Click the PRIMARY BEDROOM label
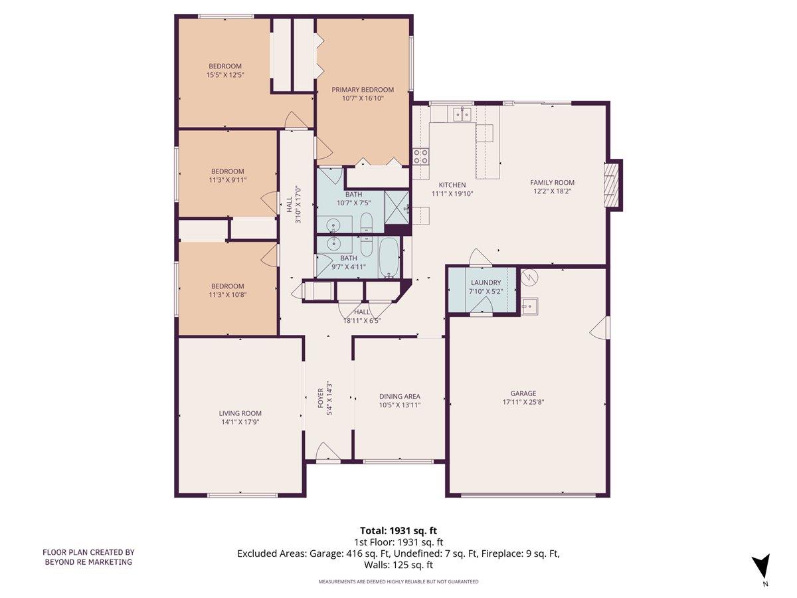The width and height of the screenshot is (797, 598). [x=363, y=90]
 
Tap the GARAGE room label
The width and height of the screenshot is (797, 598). [x=523, y=393]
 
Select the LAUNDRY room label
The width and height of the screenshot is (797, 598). [x=486, y=282]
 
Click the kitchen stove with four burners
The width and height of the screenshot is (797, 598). [x=420, y=156]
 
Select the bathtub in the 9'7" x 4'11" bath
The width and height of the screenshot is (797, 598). [x=389, y=258]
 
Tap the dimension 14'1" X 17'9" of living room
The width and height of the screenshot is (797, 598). [x=239, y=421]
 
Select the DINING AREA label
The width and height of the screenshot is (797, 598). [x=400, y=397]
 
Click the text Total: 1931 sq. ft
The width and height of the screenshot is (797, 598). [x=398, y=530]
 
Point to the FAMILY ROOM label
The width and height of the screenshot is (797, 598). [x=552, y=183]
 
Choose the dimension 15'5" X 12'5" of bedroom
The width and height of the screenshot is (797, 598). [x=225, y=75]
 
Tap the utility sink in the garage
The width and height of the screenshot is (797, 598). [x=529, y=306]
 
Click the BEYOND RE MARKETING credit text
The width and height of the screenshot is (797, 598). [x=88, y=562]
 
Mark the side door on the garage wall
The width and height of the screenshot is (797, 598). [x=600, y=327]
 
